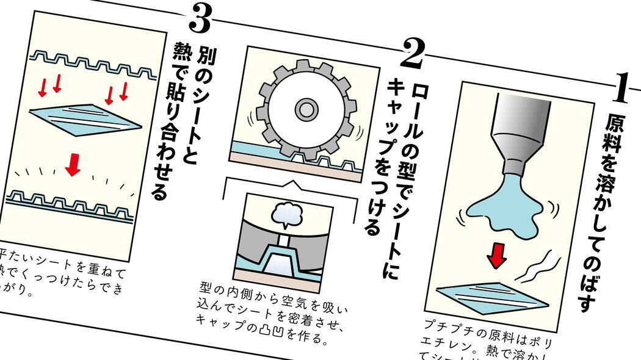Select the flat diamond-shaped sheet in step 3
pyautogui.click(x=85, y=119)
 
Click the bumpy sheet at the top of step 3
pyautogui.click(x=92, y=65)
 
